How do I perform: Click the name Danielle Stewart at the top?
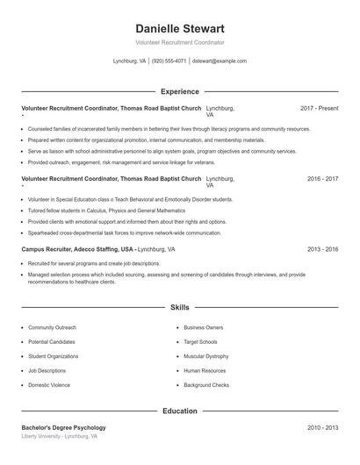pos(180,29)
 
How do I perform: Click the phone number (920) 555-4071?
pos(169,61)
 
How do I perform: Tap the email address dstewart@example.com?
pos(219,61)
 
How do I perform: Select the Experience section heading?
pos(180,91)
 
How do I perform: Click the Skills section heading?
pos(180,308)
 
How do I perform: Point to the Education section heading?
pos(180,411)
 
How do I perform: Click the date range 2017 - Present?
pos(319,108)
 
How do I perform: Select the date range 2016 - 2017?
pos(322,179)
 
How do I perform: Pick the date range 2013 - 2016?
pos(322,249)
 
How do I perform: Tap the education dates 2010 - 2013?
pos(322,427)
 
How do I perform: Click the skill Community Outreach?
pos(52,327)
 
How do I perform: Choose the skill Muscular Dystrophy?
pos(206,356)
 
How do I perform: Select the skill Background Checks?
pos(206,385)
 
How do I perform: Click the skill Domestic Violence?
pos(50,385)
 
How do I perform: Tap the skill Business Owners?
pos(204,327)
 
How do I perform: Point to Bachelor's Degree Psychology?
pos(63,427)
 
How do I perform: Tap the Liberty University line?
pos(59,436)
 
